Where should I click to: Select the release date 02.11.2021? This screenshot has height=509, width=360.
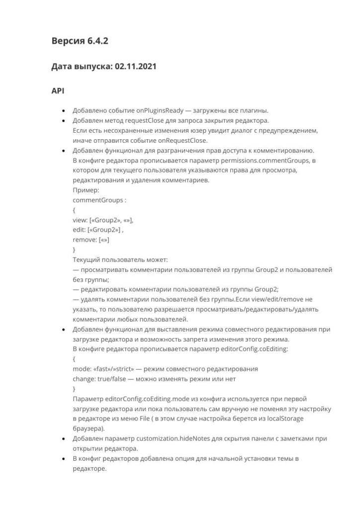click(x=135, y=66)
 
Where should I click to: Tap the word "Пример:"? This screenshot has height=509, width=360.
click(x=86, y=190)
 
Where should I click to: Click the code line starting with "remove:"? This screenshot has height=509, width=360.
click(x=91, y=240)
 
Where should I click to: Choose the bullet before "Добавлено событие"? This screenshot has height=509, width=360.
click(x=63, y=111)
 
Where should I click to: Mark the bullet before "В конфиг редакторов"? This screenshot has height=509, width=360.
click(x=63, y=459)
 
